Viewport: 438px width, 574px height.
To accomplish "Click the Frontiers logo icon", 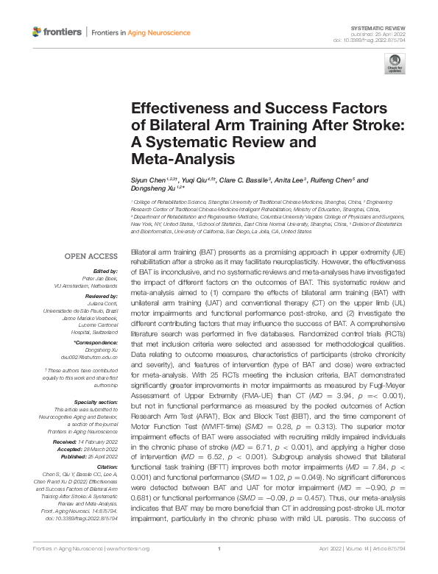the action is (38, 32).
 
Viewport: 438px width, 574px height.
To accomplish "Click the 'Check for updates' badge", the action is (395, 63).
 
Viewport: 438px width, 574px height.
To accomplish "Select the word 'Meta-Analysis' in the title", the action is (173, 158).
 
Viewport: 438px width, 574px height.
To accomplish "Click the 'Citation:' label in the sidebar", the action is (106, 467).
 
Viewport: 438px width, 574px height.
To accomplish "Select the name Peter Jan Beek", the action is (99, 279).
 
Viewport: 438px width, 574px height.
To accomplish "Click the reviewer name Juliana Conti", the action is (102, 301).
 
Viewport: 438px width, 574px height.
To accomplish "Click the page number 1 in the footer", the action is (219, 568).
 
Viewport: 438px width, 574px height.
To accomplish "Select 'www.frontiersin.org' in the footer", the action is (129, 568).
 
